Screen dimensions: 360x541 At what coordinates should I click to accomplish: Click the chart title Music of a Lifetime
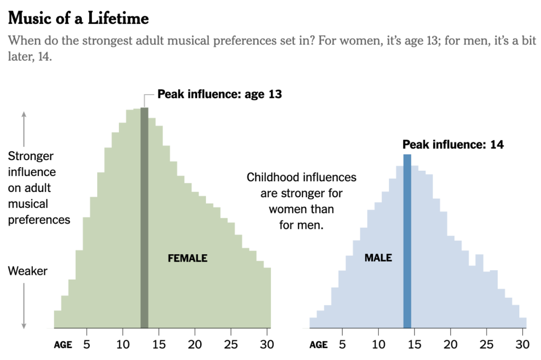click(79, 19)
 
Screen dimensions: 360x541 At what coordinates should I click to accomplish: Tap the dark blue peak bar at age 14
click(407, 241)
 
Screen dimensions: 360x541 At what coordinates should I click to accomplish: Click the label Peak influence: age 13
click(220, 95)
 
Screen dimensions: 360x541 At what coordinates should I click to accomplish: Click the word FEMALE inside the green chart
click(188, 259)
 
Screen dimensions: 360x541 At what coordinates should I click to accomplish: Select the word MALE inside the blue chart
click(378, 258)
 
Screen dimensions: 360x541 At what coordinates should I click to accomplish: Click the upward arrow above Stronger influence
click(24, 127)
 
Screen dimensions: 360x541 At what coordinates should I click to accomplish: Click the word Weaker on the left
click(27, 271)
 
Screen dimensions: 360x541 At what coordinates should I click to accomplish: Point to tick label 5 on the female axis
click(87, 345)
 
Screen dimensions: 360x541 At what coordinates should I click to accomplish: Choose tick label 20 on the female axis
click(195, 345)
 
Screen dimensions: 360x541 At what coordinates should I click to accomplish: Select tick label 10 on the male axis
click(378, 345)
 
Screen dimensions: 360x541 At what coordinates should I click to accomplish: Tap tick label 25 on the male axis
click(487, 345)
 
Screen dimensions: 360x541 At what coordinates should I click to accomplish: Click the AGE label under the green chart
click(63, 345)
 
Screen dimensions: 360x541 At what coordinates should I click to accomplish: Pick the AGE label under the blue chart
click(318, 345)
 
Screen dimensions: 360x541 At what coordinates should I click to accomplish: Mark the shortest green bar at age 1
click(58, 319)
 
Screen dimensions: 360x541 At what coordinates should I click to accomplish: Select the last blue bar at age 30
click(523, 323)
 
